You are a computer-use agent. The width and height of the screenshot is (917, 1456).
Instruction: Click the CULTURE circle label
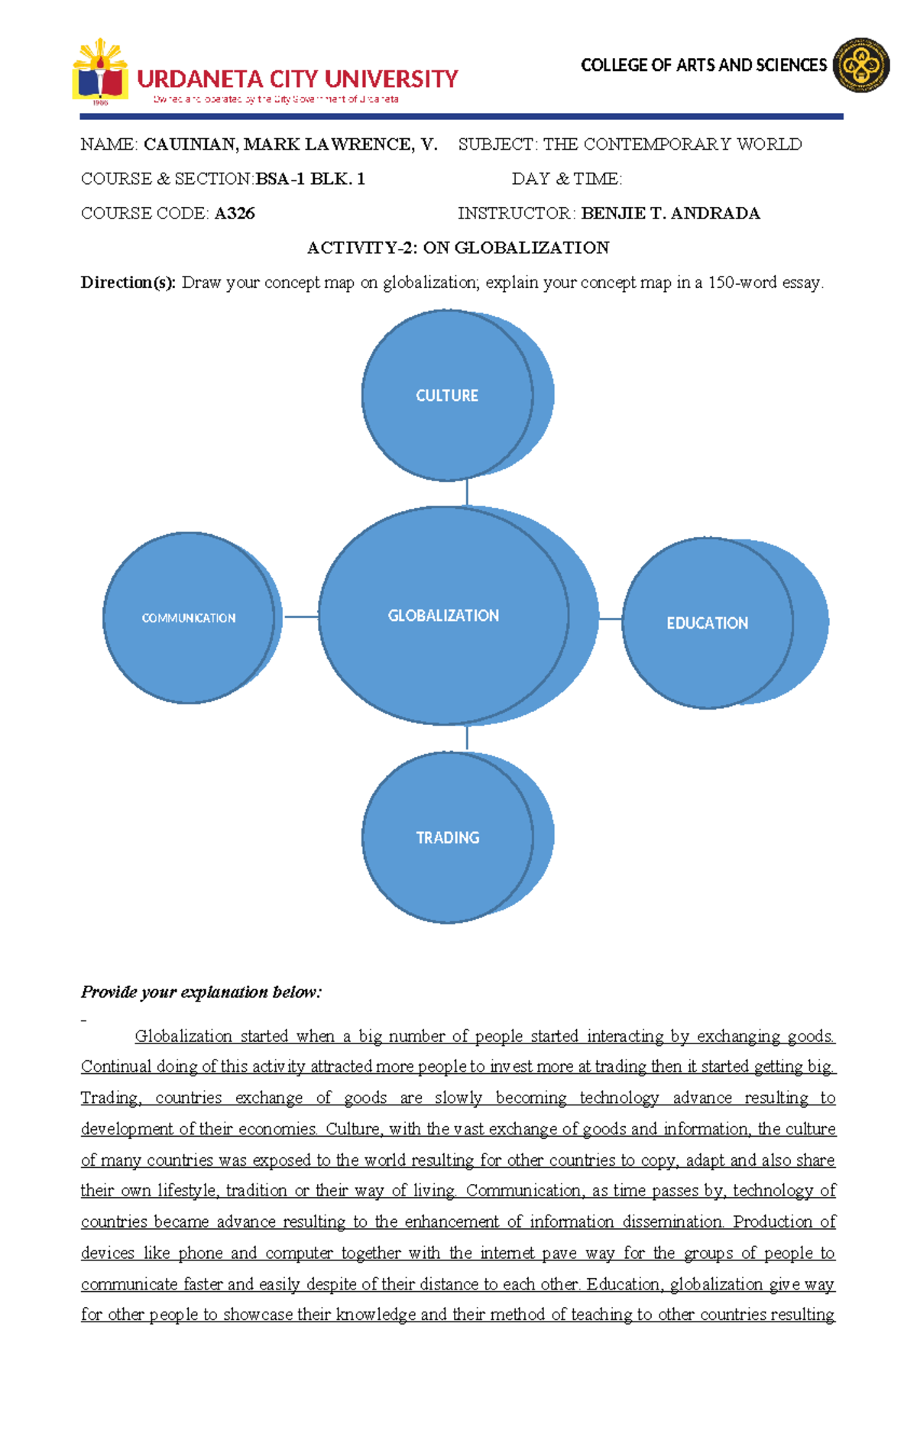click(x=447, y=396)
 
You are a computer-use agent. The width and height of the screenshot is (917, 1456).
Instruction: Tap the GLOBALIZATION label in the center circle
click(x=443, y=616)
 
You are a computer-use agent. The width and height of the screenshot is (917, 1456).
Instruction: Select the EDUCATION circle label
click(x=707, y=623)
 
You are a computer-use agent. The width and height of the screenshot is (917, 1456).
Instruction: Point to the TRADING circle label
click(x=448, y=838)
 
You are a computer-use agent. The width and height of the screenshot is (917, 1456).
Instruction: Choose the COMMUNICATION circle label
click(x=189, y=618)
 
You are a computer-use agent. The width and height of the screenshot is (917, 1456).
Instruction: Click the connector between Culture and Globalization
click(x=467, y=493)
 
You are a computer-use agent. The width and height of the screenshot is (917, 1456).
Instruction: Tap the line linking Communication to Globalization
click(x=301, y=616)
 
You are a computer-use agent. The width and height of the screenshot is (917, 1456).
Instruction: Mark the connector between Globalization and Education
click(x=611, y=619)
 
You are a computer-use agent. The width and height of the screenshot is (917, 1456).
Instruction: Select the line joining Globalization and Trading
click(x=467, y=738)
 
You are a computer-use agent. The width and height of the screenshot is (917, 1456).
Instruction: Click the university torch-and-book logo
click(x=99, y=71)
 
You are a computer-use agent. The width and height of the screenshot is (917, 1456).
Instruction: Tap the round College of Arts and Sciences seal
click(x=861, y=66)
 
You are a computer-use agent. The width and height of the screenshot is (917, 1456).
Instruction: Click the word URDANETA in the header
click(x=200, y=79)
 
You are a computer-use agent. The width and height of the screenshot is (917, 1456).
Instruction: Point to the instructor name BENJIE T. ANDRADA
click(x=670, y=213)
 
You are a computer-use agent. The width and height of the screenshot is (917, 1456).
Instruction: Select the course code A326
click(x=235, y=213)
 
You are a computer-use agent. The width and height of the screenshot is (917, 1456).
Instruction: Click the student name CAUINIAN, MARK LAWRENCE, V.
click(x=290, y=144)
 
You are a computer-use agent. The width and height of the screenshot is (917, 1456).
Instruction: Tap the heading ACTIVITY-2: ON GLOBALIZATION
click(x=458, y=248)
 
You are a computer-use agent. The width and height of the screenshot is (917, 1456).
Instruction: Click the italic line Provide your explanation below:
click(x=202, y=992)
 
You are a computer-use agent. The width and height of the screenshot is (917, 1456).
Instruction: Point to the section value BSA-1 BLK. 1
click(x=310, y=179)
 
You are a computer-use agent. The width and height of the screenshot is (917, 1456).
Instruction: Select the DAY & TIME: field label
click(x=567, y=179)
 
